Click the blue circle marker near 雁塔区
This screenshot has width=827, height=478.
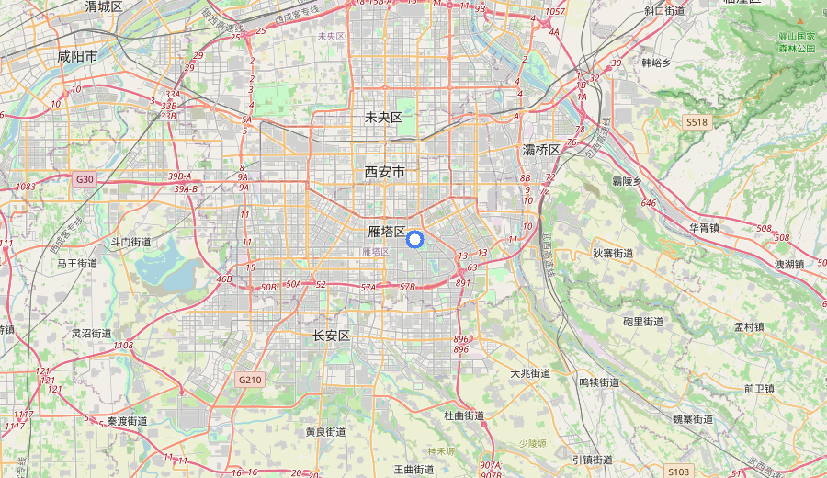(x=413, y=240)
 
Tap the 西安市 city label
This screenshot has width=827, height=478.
(x=384, y=172)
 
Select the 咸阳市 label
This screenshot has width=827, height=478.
(x=77, y=56)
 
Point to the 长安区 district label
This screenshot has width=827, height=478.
(x=332, y=336)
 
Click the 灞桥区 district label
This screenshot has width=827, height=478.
(x=541, y=149)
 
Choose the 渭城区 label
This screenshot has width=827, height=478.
(x=104, y=6)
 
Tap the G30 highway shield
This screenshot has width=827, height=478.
(x=85, y=179)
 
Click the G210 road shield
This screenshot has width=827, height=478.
(x=249, y=380)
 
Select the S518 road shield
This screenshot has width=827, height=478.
(x=697, y=122)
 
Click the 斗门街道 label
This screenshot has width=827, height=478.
(x=130, y=242)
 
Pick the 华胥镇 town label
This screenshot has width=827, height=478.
(x=706, y=226)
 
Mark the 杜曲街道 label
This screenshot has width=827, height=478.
(x=464, y=415)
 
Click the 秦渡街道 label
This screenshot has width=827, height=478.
(x=127, y=420)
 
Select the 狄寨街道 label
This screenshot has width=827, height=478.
(x=613, y=253)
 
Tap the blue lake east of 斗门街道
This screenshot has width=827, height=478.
(x=165, y=271)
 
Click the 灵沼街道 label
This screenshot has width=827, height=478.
(x=92, y=333)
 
